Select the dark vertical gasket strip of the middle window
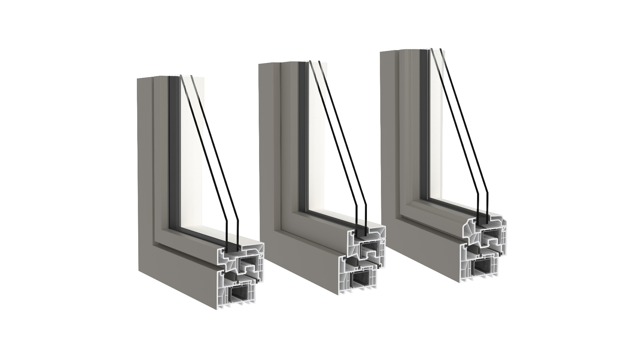302,133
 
